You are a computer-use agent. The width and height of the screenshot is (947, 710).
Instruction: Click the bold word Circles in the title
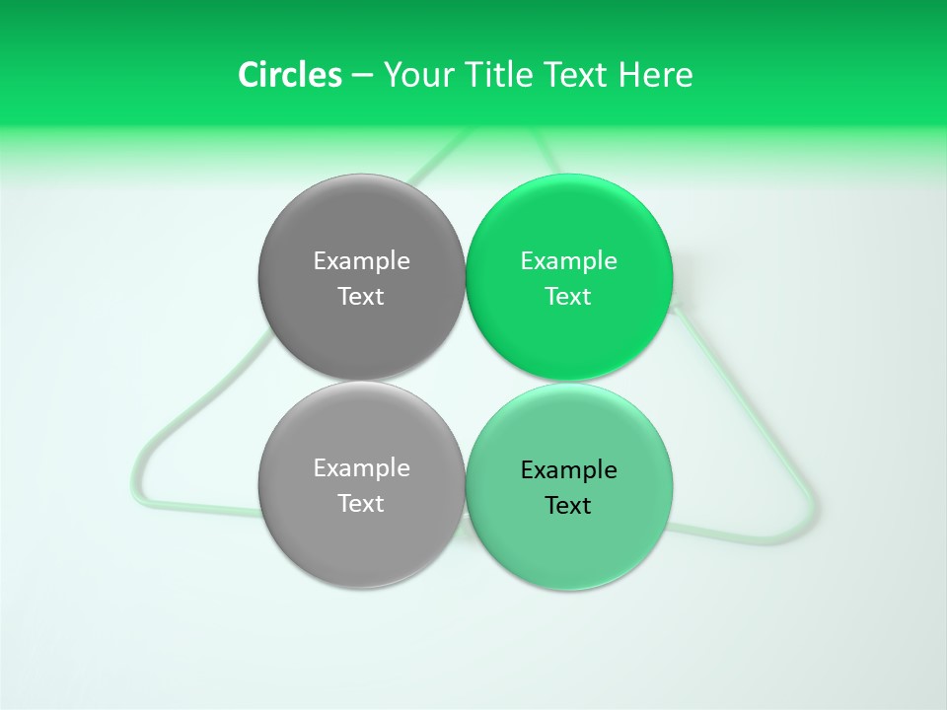click(x=289, y=75)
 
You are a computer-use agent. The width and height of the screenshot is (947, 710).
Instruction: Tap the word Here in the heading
click(x=656, y=75)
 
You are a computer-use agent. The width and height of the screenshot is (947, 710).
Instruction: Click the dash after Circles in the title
click(x=362, y=76)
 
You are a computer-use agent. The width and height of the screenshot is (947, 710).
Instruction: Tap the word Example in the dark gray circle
click(x=361, y=260)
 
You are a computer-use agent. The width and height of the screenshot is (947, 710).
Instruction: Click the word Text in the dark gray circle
click(x=361, y=296)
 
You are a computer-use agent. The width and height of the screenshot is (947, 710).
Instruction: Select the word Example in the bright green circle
click(x=568, y=260)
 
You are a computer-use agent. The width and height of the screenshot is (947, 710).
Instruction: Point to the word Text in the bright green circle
click(x=568, y=296)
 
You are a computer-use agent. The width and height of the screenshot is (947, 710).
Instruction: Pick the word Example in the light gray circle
click(x=361, y=467)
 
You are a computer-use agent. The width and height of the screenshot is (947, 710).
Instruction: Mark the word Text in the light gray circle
click(x=361, y=503)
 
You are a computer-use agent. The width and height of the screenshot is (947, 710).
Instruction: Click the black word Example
click(x=568, y=469)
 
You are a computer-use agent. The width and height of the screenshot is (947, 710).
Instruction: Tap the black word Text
click(x=568, y=505)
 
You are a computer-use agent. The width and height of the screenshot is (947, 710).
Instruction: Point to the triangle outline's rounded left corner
click(x=140, y=489)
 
